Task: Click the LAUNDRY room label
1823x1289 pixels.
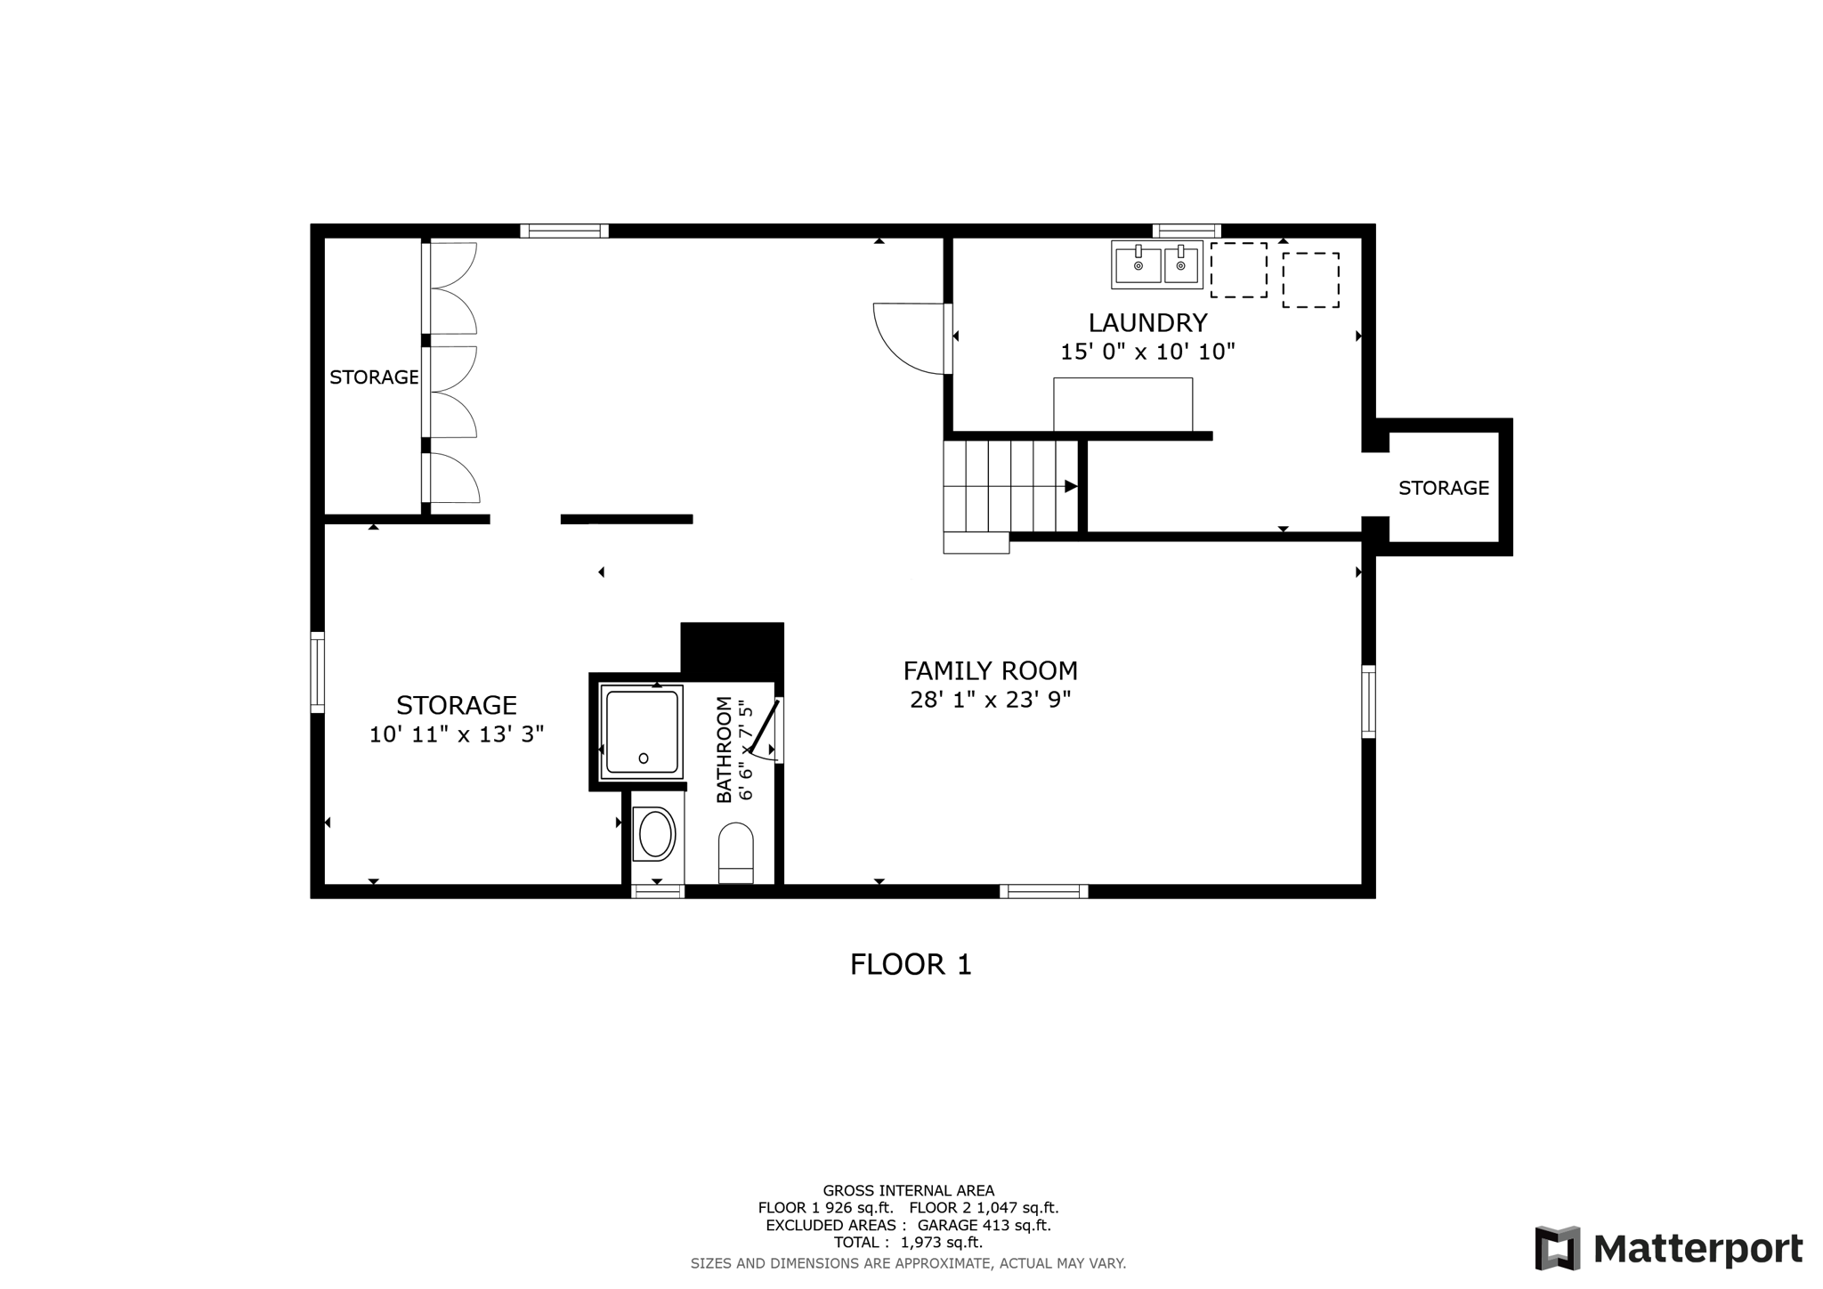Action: pos(1147,322)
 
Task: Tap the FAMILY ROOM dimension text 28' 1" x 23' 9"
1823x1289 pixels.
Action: pos(990,700)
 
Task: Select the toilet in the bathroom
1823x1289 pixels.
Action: pos(735,853)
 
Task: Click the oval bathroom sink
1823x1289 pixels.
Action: pos(655,834)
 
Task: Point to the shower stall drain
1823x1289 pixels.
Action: pos(644,758)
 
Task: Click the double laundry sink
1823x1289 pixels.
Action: pos(1157,264)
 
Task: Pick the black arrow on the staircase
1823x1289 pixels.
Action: pos(1071,486)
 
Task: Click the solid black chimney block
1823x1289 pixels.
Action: pos(732,650)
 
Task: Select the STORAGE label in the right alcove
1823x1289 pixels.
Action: pos(1443,488)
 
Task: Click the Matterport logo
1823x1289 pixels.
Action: pos(1669,1248)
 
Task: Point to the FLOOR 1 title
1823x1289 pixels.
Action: pos(911,964)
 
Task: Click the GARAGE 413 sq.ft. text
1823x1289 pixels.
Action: pos(984,1225)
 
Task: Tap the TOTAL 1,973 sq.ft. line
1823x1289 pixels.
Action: pos(908,1242)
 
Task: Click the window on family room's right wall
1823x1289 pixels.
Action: pos(1368,701)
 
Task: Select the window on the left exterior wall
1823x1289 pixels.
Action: pos(317,672)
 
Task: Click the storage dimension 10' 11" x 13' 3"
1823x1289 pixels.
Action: pos(456,734)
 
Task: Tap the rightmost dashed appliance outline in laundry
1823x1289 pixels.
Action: pos(1310,280)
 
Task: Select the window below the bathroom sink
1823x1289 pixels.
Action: pos(658,891)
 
